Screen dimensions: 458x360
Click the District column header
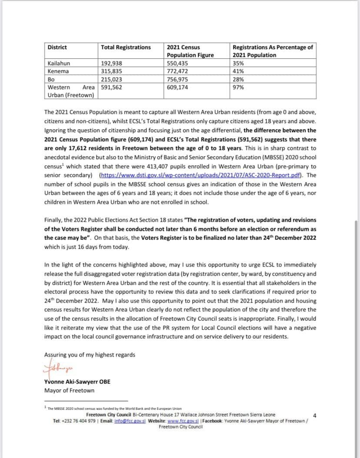[x=57, y=47]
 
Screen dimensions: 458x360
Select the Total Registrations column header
[x=126, y=47]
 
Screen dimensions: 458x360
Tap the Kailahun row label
[x=58, y=63]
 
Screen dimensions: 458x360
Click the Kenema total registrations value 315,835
[x=112, y=71]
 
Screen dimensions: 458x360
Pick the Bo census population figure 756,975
[x=178, y=79]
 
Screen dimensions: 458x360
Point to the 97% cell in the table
[x=238, y=87]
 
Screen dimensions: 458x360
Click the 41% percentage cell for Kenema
[x=238, y=71]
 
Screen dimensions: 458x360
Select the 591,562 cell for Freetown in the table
[x=112, y=87]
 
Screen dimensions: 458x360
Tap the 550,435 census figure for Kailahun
[x=178, y=63]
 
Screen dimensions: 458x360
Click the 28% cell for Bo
[x=238, y=79]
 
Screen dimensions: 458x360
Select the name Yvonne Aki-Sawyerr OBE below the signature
[x=77, y=381]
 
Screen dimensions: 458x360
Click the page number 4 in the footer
[x=314, y=416]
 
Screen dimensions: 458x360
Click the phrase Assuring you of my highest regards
[x=90, y=354]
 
